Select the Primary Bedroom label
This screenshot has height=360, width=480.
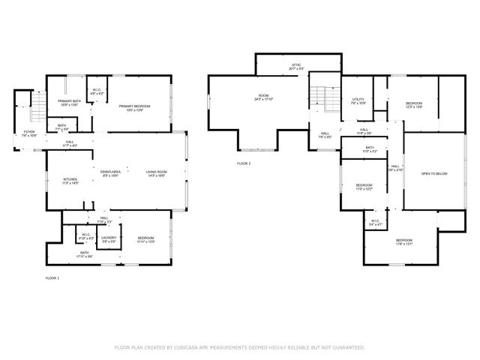pyautogui.click(x=136, y=106)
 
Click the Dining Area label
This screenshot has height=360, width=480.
pyautogui.click(x=111, y=173)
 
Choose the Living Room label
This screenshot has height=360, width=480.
pyautogui.click(x=156, y=173)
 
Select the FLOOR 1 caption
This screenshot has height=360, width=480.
pyautogui.click(x=52, y=278)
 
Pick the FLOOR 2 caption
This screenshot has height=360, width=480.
pyautogui.click(x=244, y=163)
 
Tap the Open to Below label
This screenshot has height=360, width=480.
pyautogui.click(x=434, y=173)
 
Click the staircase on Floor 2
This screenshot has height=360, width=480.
pyautogui.click(x=321, y=97)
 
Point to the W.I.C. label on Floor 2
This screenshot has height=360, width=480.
pyautogui.click(x=376, y=223)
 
